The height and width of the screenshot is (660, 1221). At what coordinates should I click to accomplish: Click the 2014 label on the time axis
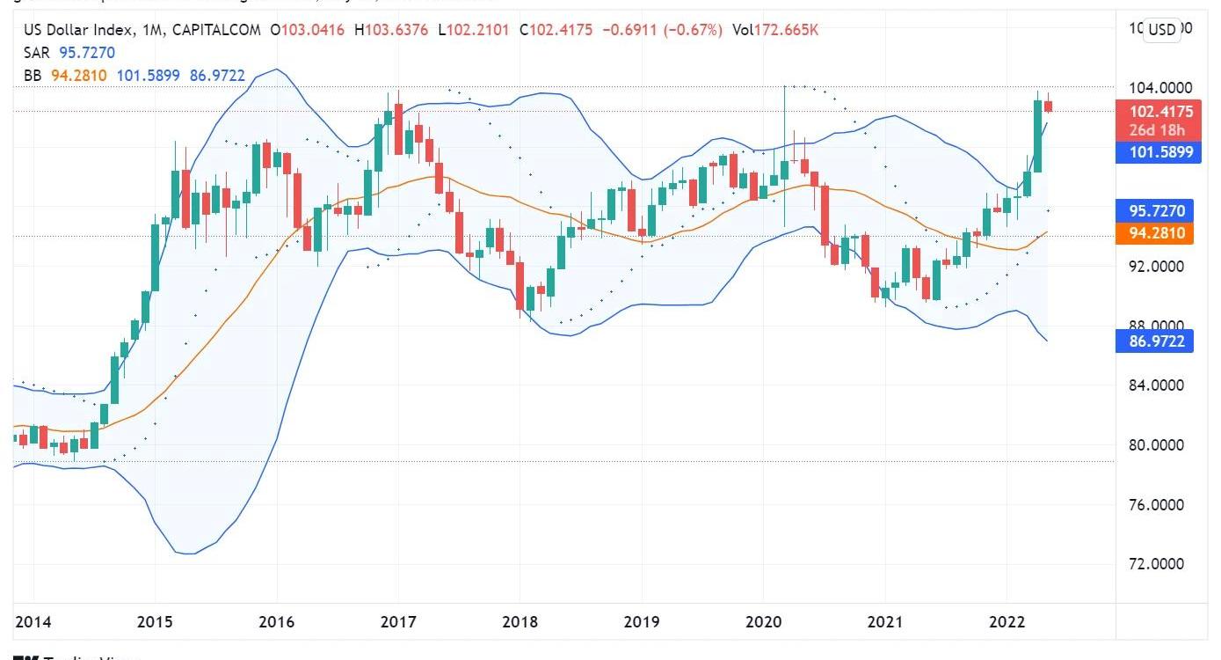point(33,622)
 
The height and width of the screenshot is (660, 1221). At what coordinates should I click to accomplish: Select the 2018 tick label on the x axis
point(520,622)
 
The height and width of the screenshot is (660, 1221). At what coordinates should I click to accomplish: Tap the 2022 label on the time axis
point(1007,622)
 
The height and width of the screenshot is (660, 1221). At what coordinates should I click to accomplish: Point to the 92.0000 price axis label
point(1155,267)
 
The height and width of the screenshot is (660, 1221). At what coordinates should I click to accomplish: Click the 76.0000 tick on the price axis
point(1155,505)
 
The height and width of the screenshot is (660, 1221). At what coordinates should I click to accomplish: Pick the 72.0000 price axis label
point(1155,564)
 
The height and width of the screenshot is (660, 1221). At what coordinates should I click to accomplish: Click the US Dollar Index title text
point(79,30)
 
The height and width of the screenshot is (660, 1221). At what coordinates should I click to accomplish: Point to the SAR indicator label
point(36,53)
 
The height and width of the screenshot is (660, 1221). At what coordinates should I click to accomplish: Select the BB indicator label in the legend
point(33,76)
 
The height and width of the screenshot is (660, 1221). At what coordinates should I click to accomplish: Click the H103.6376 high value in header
point(391,30)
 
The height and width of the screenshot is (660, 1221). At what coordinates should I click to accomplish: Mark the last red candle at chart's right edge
point(1048,106)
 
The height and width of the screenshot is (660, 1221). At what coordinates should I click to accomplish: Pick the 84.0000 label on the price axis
point(1155,385)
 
